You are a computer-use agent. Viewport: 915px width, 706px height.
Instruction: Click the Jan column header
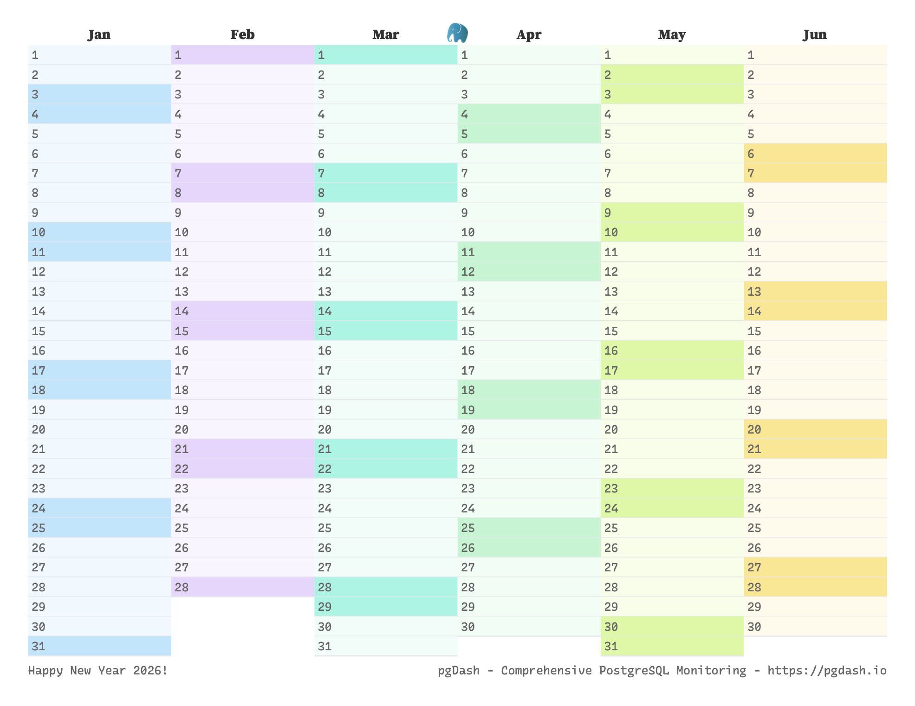[x=99, y=34]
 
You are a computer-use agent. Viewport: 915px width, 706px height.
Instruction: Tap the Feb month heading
[x=242, y=34]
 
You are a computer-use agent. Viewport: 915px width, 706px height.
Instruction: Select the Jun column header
[x=815, y=34]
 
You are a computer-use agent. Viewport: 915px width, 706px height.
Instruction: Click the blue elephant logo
[x=457, y=33]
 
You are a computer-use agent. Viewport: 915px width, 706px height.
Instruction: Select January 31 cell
[x=99, y=646]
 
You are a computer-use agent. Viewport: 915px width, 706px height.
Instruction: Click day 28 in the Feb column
[x=242, y=587]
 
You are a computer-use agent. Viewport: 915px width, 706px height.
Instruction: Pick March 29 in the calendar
[x=385, y=607]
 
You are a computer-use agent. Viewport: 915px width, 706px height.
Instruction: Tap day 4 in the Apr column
[x=529, y=114]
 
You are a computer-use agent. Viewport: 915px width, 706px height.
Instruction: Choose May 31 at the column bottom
[x=672, y=646]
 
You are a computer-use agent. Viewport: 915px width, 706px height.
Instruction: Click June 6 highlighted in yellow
[x=815, y=154]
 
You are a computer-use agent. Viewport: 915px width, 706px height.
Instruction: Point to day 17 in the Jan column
[x=99, y=370]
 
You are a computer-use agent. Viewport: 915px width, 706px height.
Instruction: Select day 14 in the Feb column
[x=242, y=311]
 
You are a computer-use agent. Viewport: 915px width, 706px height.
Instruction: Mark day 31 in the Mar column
[x=385, y=646]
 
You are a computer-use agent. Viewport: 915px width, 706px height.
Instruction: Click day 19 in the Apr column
[x=529, y=410]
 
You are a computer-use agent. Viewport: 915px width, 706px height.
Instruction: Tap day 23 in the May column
[x=672, y=488]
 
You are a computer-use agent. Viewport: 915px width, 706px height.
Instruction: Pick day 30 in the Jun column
[x=815, y=627]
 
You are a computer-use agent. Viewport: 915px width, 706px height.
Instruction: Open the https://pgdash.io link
[x=827, y=670]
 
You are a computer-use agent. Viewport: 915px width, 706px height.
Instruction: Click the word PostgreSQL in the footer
[x=634, y=670]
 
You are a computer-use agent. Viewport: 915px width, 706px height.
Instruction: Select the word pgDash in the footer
[x=459, y=670]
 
